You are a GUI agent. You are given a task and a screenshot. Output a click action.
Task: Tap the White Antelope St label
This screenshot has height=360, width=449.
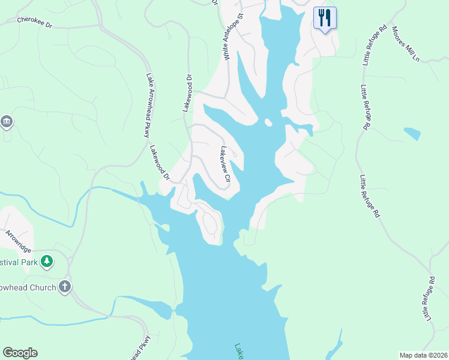234,37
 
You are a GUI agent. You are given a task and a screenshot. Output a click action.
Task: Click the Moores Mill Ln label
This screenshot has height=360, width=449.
405,44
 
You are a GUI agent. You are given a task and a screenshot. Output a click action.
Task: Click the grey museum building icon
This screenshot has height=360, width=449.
7,122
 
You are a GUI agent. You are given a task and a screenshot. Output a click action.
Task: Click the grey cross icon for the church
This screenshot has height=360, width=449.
65,287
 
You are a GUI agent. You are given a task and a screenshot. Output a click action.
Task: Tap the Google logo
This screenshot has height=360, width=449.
20,353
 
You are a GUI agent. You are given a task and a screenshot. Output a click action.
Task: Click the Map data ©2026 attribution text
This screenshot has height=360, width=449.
423,355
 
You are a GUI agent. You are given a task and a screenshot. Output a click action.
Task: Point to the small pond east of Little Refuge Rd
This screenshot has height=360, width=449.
412,133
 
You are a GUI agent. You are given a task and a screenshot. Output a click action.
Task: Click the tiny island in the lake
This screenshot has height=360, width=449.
268,122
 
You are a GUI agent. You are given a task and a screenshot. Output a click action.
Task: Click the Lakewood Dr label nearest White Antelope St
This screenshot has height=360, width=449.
188,94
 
